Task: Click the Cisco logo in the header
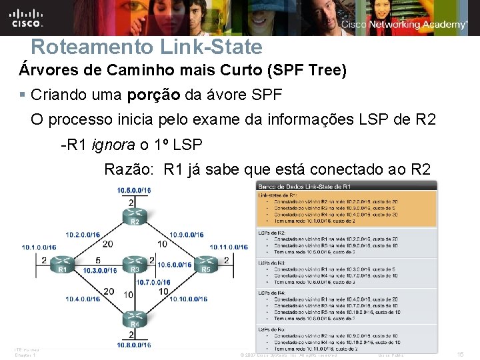coord(27,18)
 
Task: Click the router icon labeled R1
coord(63,263)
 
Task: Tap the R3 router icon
coord(135,263)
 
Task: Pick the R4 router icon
coord(135,319)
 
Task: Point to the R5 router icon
coord(206,263)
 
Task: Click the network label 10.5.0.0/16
coord(134,191)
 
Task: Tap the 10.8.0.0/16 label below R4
coord(134,345)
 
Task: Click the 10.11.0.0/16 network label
coord(229,247)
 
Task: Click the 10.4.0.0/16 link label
coord(83,299)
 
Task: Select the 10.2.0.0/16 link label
coord(83,235)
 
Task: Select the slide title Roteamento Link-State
coord(147,47)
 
